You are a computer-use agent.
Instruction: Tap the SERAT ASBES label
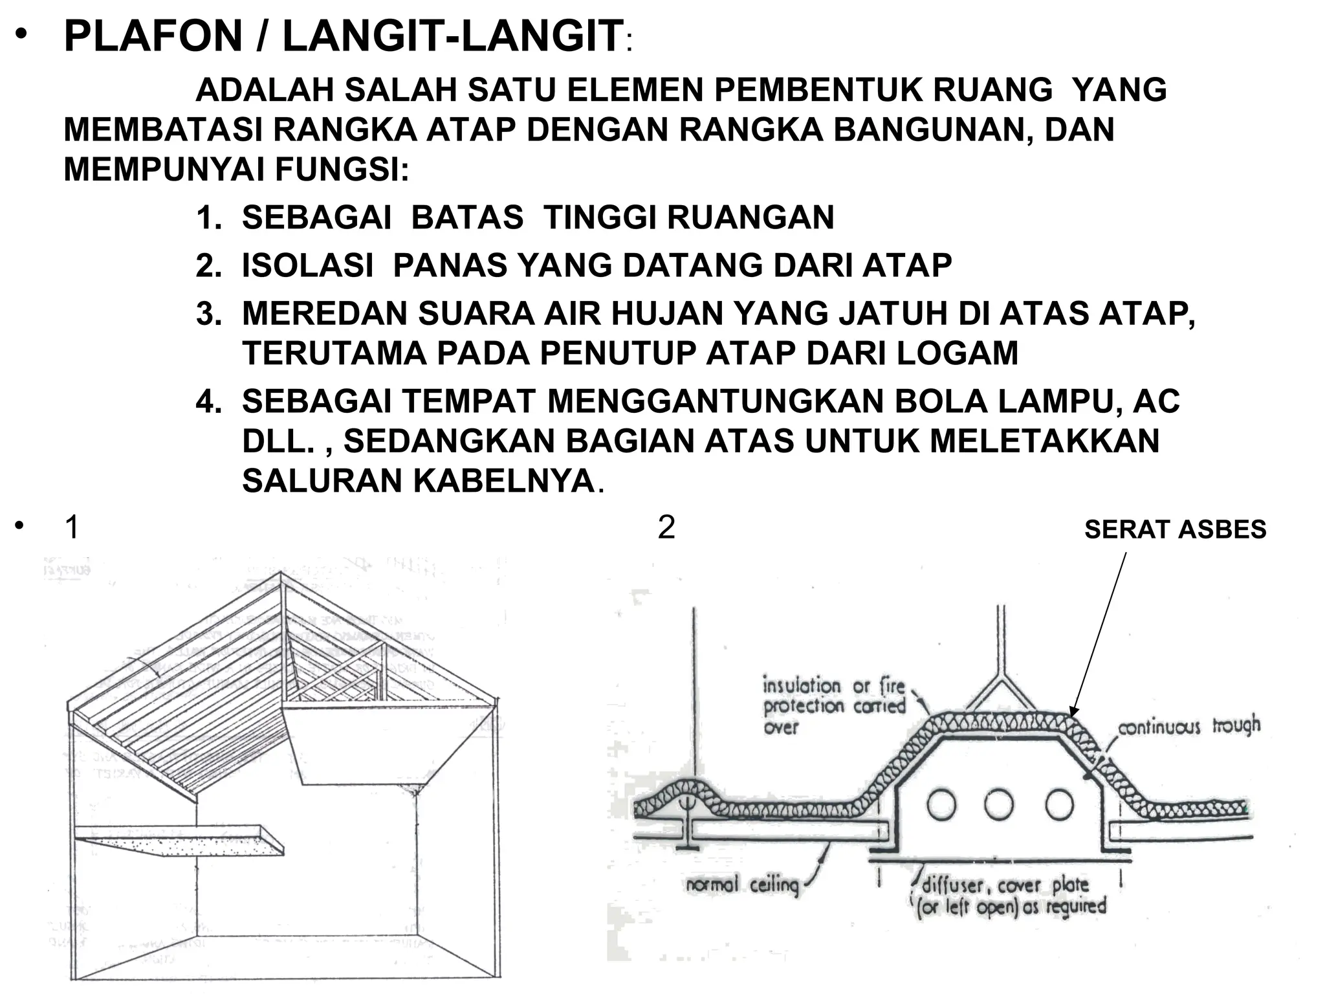(1175, 530)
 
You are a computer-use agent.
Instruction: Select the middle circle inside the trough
(999, 804)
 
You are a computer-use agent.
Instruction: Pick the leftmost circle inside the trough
(941, 804)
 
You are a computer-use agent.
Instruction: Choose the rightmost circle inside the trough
(1059, 804)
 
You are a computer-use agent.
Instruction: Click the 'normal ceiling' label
(742, 885)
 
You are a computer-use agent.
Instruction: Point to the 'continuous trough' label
(1189, 726)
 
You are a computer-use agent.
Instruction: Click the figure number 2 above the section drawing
(666, 527)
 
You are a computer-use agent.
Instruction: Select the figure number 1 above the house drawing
(72, 527)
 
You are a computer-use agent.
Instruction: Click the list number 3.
(208, 314)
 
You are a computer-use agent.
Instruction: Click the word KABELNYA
(504, 481)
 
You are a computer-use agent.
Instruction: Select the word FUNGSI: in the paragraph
(342, 170)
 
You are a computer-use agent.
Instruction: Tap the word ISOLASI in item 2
(307, 265)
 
